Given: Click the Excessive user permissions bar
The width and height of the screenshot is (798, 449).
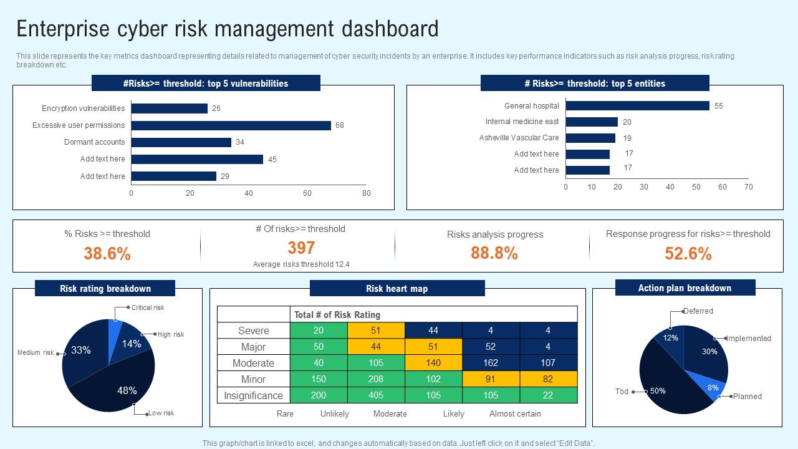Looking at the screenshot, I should pyautogui.click(x=231, y=125).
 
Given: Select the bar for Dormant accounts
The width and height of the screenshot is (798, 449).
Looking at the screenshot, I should pyautogui.click(x=181, y=142).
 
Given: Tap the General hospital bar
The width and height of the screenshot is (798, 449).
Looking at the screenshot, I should pyautogui.click(x=637, y=106).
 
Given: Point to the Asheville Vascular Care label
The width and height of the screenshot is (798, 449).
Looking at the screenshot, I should pyautogui.click(x=519, y=138).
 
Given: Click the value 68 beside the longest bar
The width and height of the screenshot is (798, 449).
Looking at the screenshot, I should pyautogui.click(x=340, y=125).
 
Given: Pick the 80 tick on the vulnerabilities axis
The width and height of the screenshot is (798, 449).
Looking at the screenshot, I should pyautogui.click(x=367, y=193).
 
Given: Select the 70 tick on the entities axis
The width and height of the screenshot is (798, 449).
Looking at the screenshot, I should pyautogui.click(x=748, y=187).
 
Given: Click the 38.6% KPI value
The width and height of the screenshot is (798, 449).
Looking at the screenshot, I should pyautogui.click(x=107, y=254).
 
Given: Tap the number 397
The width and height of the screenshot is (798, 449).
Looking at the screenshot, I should pyautogui.click(x=301, y=248).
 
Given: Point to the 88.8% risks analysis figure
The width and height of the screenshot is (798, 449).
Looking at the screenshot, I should pyautogui.click(x=494, y=253).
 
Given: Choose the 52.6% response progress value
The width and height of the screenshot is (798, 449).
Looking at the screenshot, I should pyautogui.click(x=688, y=254).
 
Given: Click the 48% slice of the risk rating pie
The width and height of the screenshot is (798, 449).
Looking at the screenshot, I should pyautogui.click(x=118, y=387).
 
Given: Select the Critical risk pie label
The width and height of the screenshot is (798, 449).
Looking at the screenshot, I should pyautogui.click(x=148, y=307).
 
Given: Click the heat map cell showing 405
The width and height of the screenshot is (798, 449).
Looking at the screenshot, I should pyautogui.click(x=376, y=395).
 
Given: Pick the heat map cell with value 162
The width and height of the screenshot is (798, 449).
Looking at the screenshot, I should pyautogui.click(x=491, y=363).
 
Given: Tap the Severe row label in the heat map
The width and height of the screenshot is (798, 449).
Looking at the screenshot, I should pyautogui.click(x=254, y=331).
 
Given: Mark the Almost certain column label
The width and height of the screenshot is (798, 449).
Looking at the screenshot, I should pyautogui.click(x=515, y=414).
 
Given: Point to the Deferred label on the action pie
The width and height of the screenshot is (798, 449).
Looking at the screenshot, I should pyautogui.click(x=698, y=311).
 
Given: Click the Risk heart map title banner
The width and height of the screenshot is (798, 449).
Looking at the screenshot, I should pyautogui.click(x=397, y=289).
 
